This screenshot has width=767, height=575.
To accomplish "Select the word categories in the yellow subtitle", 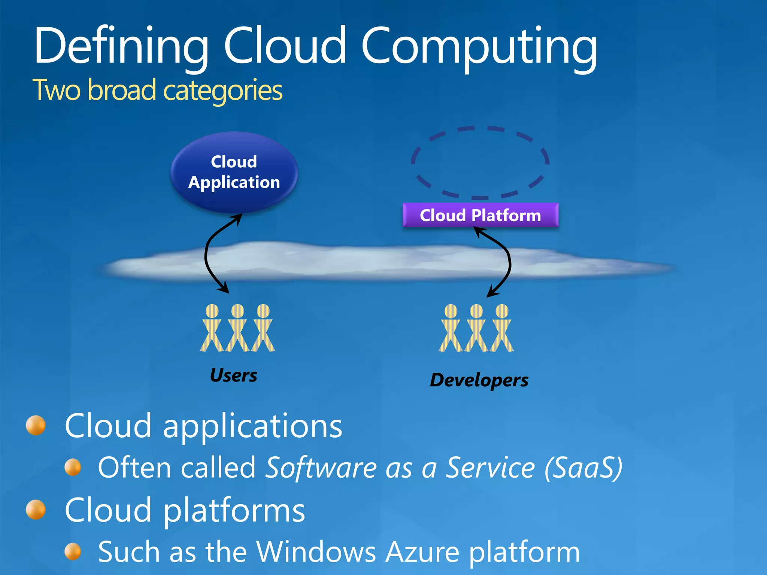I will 223,90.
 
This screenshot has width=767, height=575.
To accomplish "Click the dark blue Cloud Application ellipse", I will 234,172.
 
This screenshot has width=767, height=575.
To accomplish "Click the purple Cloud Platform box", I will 480,215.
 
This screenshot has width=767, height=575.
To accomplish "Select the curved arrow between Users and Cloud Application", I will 206,255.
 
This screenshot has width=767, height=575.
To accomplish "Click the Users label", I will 234,375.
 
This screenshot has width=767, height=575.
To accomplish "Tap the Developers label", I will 479,380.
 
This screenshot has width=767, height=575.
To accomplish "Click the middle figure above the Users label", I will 237,328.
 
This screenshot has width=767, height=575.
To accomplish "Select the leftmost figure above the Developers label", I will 451,328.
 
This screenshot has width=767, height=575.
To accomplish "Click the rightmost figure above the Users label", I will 263,328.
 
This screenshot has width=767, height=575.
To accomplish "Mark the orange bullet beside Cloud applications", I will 36,426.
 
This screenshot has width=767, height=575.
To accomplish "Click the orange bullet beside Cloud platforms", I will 36,510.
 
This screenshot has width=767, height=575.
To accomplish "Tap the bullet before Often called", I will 73,468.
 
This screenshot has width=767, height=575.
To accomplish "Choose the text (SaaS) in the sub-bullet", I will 583,468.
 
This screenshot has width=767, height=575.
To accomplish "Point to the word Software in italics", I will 321,468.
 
